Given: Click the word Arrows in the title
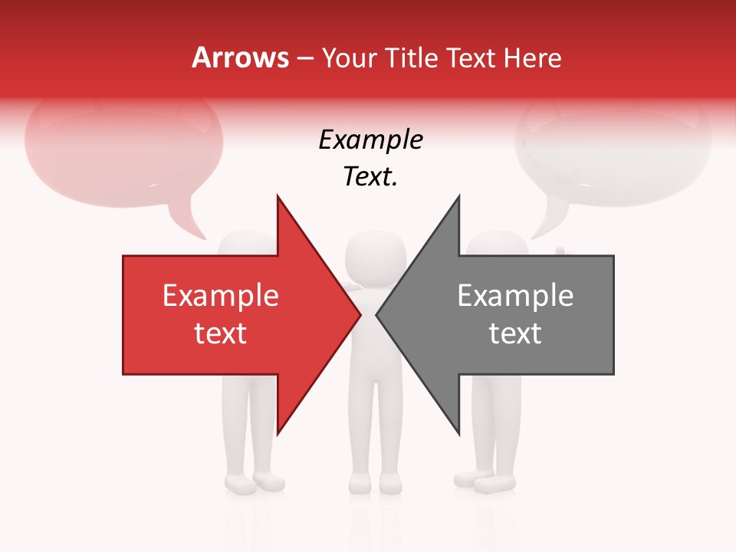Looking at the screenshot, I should point(240,58).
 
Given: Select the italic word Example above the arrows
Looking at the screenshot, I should point(370,140).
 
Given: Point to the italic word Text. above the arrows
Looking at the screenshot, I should point(370,177).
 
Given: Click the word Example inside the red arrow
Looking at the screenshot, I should point(221,296).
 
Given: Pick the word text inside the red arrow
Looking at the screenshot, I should point(221,333).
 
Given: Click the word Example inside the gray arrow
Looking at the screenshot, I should point(515,296).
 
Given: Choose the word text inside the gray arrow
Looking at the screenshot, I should point(515,333).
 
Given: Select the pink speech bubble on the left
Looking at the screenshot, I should point(123,149).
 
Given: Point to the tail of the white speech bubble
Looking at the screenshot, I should point(546,225).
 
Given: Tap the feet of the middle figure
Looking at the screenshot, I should point(375,484).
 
